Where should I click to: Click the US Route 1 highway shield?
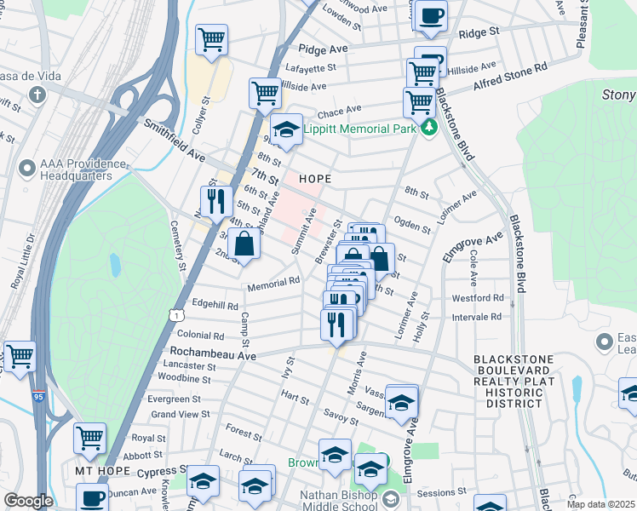pyautogui.click(x=175, y=315)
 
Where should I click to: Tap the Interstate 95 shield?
pyautogui.click(x=38, y=397)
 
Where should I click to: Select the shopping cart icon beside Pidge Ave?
pyautogui.click(x=211, y=39)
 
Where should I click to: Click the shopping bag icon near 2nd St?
pyautogui.click(x=244, y=244)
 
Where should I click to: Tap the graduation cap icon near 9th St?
pyautogui.click(x=286, y=130)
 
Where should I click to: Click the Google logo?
pyautogui.click(x=28, y=501)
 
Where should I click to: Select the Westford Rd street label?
pyautogui.click(x=477, y=298)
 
